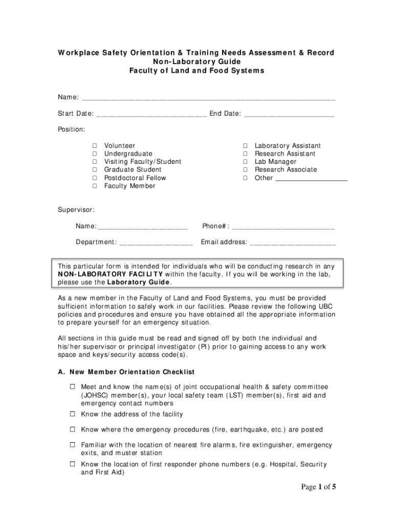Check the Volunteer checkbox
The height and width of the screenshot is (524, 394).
tap(95, 146)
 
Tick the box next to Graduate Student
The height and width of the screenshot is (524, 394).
tap(95, 170)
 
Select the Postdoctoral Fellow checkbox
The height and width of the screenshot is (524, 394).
tap(95, 178)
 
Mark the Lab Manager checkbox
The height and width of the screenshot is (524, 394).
tap(246, 162)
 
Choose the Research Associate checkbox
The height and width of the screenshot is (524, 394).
tap(246, 170)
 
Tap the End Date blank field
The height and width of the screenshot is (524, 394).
tap(289, 114)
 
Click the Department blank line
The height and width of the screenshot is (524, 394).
tap(156, 243)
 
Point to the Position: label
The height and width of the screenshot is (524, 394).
tap(71, 129)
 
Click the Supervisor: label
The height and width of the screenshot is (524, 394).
tap(76, 210)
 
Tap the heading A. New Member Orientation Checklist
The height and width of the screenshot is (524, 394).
tap(126, 372)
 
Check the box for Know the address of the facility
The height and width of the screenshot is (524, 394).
tap(73, 414)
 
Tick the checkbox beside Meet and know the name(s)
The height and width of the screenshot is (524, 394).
tap(73, 387)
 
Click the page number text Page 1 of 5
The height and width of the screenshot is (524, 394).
tap(311, 487)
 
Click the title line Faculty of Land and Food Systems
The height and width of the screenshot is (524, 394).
tap(196, 71)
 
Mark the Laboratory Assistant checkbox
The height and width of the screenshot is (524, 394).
tap(246, 146)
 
